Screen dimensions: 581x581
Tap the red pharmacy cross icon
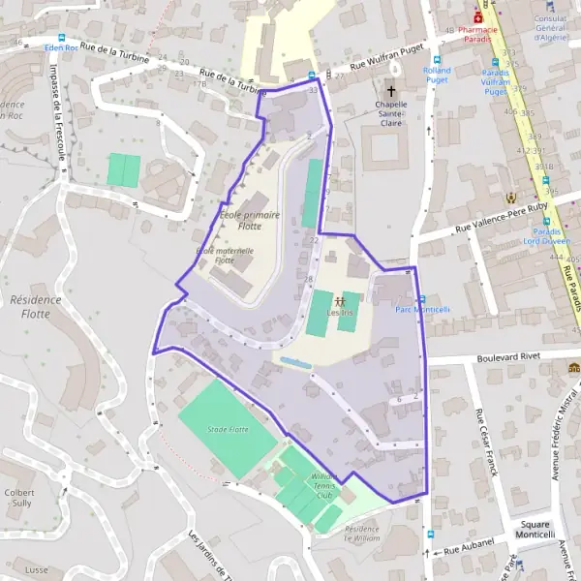477,17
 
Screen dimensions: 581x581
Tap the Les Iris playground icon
339,301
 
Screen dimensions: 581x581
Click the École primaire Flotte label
242,220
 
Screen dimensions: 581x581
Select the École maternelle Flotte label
225,255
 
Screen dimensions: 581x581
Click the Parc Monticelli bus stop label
423,310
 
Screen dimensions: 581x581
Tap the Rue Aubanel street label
469,544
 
